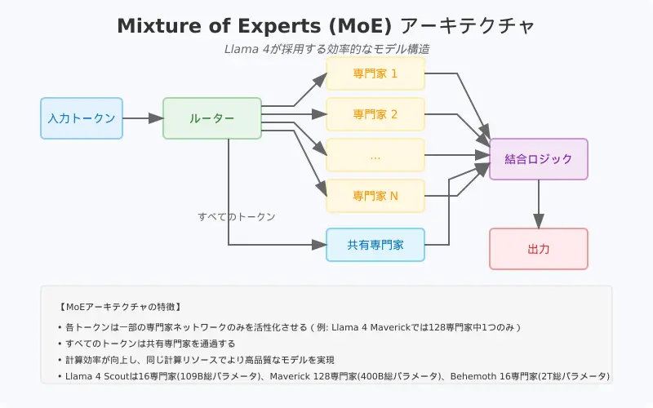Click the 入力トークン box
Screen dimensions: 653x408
[x=82, y=118]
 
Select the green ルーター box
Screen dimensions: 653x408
[x=212, y=118]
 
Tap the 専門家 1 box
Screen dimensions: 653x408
[x=375, y=73]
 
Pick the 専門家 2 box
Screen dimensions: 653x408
[x=375, y=114]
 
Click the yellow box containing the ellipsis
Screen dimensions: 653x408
[x=375, y=155]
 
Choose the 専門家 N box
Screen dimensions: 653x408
[x=375, y=196]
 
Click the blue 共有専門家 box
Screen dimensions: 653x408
[x=375, y=245]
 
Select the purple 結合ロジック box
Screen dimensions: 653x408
[x=539, y=159]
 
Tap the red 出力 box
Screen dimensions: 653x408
[x=539, y=249]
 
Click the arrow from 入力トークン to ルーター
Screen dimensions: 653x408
[x=143, y=118]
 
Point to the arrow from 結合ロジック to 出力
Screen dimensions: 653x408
[x=539, y=204]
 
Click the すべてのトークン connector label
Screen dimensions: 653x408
[x=237, y=217]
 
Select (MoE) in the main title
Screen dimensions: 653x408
[x=360, y=26]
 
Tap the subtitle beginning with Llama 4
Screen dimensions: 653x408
[x=327, y=49]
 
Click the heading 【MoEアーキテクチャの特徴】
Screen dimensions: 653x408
[x=120, y=308]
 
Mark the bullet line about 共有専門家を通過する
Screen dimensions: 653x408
[x=147, y=344]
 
